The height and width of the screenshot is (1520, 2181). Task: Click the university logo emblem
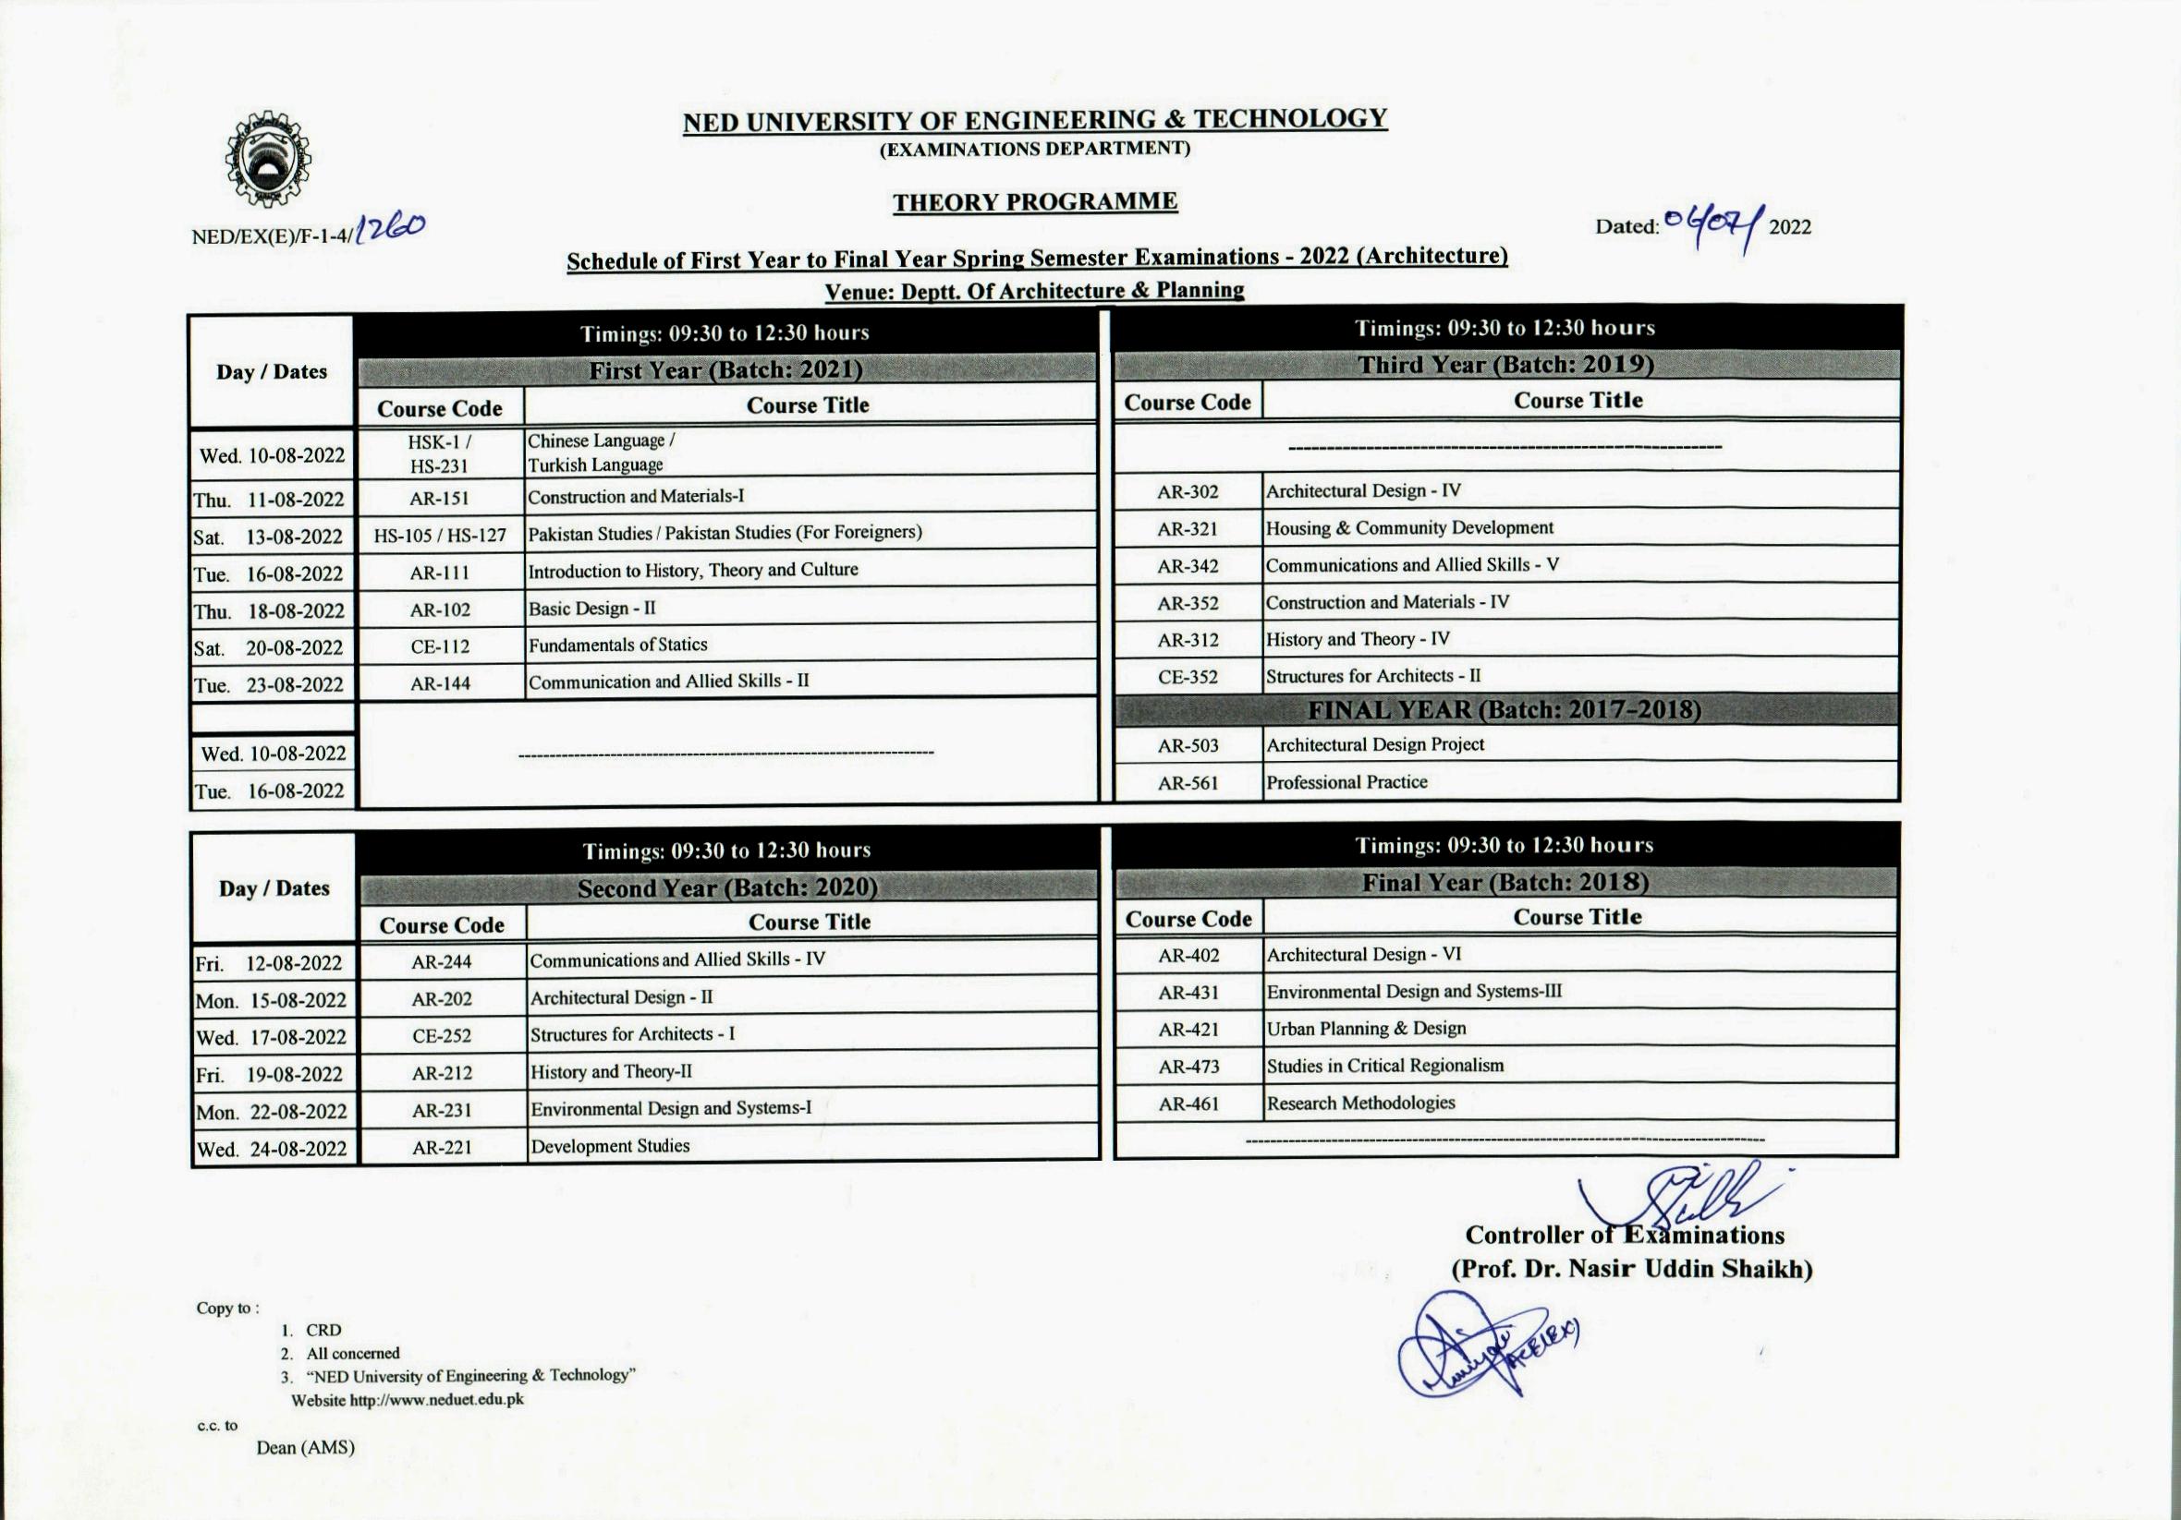pos(267,159)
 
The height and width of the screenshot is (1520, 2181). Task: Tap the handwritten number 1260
pos(390,228)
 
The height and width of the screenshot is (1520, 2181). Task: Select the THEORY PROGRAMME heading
pos(1034,201)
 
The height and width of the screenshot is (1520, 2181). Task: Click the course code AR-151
pos(439,499)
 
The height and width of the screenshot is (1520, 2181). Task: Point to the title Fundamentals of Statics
pos(617,645)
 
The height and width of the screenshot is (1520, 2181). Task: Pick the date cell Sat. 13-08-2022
pos(269,537)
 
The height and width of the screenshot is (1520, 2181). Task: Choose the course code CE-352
pos(1187,677)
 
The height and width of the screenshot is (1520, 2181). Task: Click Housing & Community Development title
pos(1408,528)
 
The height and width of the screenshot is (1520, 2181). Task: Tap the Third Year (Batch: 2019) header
pos(1505,365)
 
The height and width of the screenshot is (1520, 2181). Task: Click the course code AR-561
pos(1187,783)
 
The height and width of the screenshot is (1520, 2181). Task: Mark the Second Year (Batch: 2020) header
pos(726,887)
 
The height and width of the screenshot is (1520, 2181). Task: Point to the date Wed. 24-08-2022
pos(272,1149)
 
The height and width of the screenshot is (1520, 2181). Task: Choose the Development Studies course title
pos(610,1146)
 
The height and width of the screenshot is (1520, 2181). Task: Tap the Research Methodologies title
pos(1360,1104)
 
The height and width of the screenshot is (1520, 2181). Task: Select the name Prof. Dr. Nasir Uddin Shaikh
pos(1630,1270)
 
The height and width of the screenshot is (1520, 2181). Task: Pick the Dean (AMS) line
pos(305,1448)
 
